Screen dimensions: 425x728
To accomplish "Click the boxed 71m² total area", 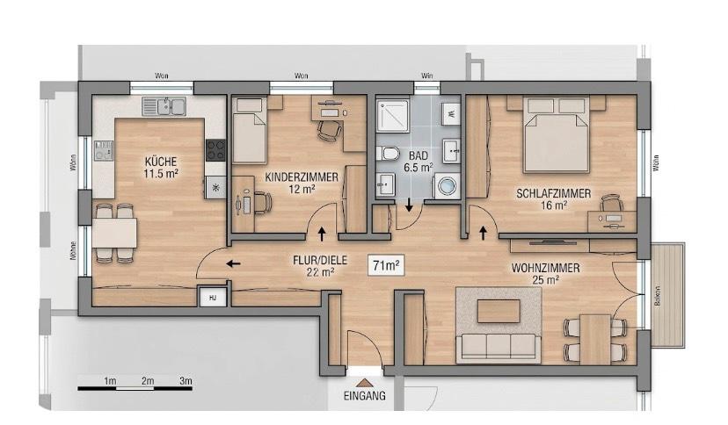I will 386,264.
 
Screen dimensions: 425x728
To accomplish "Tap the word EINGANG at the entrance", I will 365,396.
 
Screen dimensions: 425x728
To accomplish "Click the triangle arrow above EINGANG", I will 365,382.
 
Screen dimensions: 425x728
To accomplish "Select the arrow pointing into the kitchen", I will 234,263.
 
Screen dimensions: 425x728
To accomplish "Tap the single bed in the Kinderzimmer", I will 250,132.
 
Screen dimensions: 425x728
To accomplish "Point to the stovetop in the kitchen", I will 215,150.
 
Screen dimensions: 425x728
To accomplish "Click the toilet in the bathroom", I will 389,155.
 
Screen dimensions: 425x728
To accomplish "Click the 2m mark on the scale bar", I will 148,380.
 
